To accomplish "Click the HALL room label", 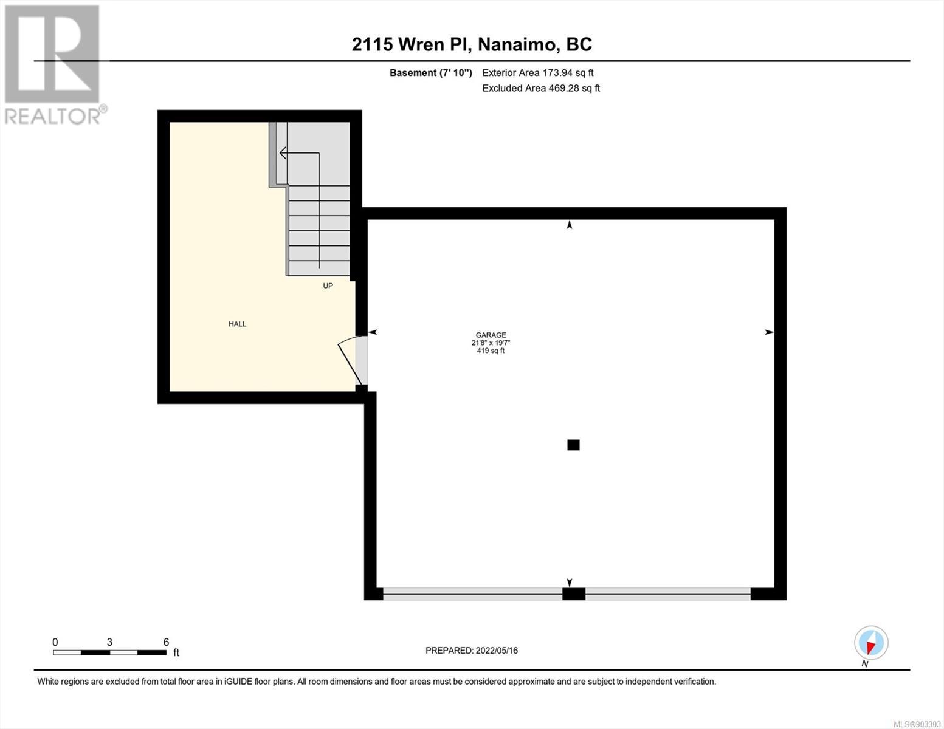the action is click(x=237, y=324).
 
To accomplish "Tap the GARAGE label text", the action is click(x=491, y=335).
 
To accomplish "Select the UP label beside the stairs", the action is click(x=328, y=286).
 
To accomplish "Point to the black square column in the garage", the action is click(x=573, y=445).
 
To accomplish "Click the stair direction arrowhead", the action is click(x=283, y=153).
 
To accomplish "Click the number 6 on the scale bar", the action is click(x=166, y=642).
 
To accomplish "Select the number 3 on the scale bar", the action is click(x=109, y=642).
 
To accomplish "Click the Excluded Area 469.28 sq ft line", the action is click(x=541, y=88).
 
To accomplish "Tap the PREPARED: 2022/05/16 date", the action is click(x=472, y=651).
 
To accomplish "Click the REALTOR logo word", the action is click(x=53, y=117).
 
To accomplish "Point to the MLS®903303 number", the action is click(x=917, y=724).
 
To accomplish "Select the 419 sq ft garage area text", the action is click(x=491, y=351).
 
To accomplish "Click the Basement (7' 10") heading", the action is click(x=430, y=73).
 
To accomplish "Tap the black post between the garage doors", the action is click(x=574, y=594).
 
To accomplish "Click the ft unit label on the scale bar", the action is click(x=176, y=652).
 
